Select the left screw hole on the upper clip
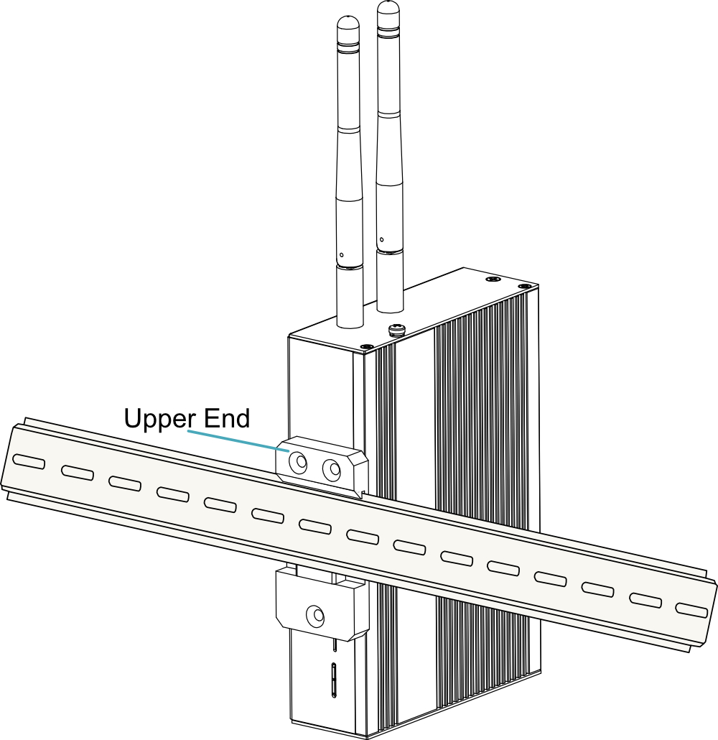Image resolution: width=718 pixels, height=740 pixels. coord(298,463)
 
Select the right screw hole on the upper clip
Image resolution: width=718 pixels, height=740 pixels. coord(331,468)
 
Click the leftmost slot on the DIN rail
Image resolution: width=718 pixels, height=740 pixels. coord(29,461)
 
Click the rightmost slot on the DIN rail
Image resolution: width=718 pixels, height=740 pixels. coord(691,609)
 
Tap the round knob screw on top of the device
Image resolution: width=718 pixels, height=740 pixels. coord(396,329)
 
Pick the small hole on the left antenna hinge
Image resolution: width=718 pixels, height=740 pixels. coord(342,255)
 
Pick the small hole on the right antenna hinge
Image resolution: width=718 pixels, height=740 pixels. coord(381,240)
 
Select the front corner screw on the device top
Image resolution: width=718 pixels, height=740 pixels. coord(367,347)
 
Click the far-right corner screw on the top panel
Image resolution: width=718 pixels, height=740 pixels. coord(524,286)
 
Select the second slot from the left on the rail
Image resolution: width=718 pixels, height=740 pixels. coord(78,473)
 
